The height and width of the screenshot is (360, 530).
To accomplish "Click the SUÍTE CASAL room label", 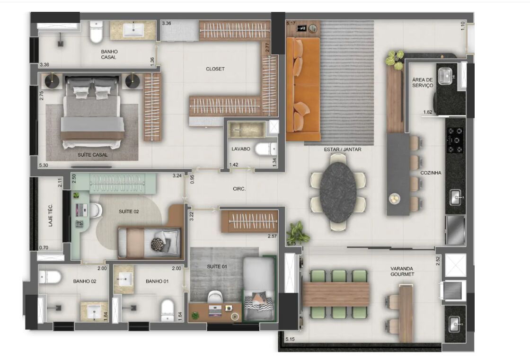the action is point(93,155).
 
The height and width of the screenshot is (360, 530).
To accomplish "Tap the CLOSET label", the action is point(215,69).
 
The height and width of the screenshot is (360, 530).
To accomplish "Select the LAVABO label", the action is point(241,149).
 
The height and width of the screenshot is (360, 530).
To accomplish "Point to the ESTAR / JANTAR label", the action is point(343,149).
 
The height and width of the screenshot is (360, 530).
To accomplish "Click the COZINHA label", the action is point(431,173).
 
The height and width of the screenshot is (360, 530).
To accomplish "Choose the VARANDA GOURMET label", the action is point(402,272).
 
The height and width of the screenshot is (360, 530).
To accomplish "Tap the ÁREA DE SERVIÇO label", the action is point(423,83).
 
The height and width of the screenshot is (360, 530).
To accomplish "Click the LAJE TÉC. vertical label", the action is point(50,215).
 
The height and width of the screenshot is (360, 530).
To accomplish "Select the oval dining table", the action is point(338,192).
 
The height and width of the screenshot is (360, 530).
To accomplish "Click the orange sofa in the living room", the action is point(303,89).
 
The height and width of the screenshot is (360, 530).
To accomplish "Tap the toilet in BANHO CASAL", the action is point(96,32).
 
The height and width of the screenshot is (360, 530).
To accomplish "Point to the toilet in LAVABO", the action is point(266,149).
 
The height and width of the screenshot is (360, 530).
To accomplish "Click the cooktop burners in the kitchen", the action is point(455,140).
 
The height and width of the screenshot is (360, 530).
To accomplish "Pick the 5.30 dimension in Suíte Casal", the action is point(43,166).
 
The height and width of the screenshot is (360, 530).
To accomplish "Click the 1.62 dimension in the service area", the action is point(428,112).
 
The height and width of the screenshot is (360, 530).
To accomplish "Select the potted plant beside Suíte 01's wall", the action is point(298,232).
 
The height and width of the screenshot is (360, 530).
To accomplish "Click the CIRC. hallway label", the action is point(239,189).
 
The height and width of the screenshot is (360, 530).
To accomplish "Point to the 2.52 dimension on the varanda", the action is point(438,261).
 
